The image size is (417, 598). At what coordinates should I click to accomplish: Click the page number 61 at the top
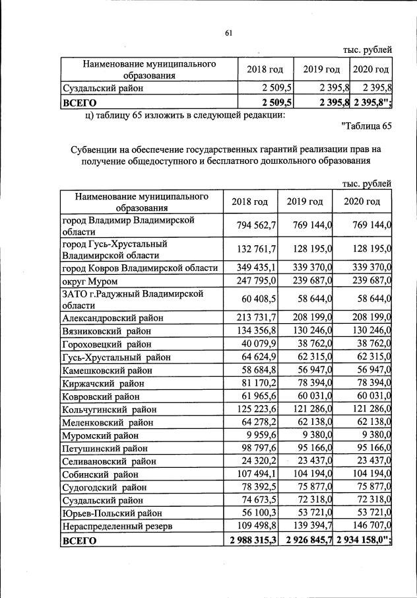pyautogui.click(x=229, y=33)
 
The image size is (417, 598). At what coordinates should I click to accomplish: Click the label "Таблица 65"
pyautogui.click(x=367, y=126)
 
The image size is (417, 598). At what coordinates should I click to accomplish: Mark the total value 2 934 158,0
pyautogui.click(x=363, y=541)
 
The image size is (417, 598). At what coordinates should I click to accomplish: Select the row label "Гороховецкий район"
pyautogui.click(x=106, y=344)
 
